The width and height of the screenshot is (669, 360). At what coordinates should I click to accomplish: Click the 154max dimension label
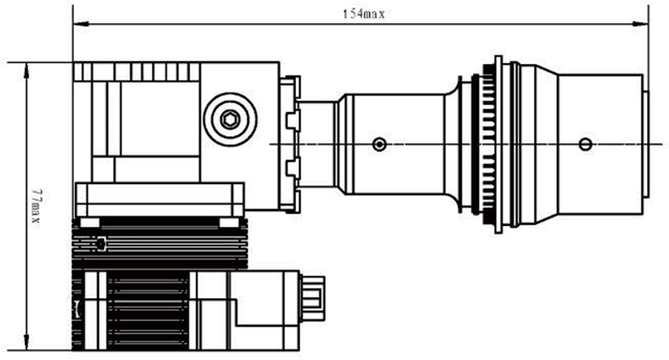tap(364, 14)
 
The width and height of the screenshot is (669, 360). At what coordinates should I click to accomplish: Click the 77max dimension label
tap(36, 207)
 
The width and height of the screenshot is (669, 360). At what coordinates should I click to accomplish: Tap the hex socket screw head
tap(230, 119)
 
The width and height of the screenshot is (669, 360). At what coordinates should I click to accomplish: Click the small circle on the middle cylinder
tap(379, 144)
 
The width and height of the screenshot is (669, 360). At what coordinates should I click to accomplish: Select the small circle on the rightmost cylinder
tap(586, 144)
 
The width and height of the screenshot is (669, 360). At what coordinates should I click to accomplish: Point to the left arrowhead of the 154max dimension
tap(81, 24)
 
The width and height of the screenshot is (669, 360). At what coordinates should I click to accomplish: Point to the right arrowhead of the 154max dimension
tap(640, 24)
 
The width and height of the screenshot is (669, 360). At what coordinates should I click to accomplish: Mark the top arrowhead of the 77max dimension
tap(27, 71)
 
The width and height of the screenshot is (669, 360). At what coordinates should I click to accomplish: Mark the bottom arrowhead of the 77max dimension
tap(27, 342)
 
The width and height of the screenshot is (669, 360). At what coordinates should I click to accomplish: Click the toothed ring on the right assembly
tap(489, 144)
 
